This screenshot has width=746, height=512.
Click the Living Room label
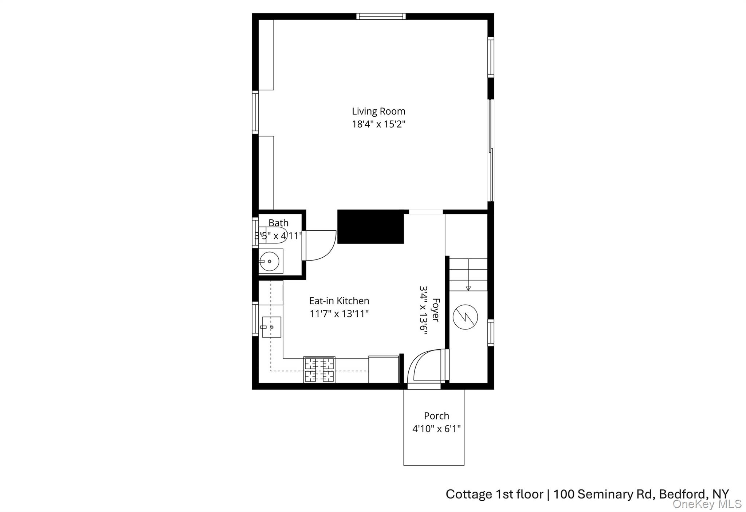[378, 111]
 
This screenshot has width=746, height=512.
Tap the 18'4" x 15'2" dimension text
[378, 124]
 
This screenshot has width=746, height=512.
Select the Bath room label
[278, 223]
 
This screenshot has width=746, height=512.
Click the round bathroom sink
[270, 261]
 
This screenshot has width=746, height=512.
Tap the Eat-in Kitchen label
[339, 301]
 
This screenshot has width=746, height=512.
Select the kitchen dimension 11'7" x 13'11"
[339, 314]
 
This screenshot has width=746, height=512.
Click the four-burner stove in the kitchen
[319, 370]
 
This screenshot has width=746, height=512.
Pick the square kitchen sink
[271, 327]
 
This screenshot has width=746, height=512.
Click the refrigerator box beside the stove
[383, 369]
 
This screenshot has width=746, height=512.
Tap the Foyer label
[436, 310]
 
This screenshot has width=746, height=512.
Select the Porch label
[436, 416]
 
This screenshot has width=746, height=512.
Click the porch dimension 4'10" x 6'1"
[436, 429]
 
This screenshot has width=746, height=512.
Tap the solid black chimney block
[370, 227]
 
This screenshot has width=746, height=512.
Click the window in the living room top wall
[381, 16]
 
